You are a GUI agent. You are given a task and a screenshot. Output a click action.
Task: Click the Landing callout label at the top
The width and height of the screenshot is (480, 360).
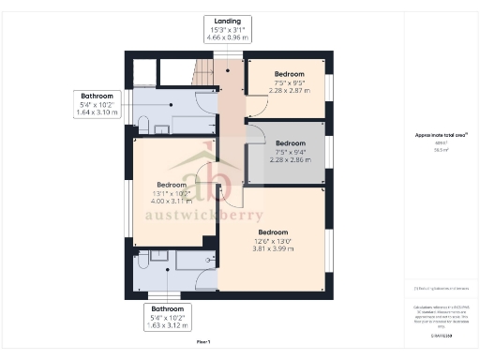[228, 29]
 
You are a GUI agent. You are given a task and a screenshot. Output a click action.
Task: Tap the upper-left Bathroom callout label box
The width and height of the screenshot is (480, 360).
[96, 103]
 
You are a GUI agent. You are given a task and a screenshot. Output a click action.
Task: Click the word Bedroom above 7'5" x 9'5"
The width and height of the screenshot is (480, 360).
[289, 73]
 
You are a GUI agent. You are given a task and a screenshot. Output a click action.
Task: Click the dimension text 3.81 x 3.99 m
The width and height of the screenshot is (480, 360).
[273, 249]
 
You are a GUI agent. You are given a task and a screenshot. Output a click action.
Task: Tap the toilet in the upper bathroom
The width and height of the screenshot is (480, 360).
[143, 123]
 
